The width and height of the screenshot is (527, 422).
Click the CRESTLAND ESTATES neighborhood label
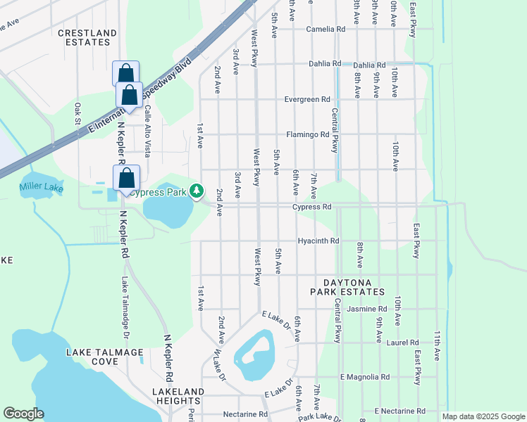click(87, 37)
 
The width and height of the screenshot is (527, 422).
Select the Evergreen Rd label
click(307, 100)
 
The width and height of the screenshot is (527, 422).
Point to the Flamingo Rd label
click(308, 134)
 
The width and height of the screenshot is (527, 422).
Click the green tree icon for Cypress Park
click(198, 190)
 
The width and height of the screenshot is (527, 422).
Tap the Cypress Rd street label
click(312, 207)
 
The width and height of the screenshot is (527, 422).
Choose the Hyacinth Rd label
click(318, 241)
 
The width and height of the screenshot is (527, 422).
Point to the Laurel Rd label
click(403, 343)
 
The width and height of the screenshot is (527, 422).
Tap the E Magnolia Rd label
click(365, 378)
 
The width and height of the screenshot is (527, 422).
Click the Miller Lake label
click(42, 188)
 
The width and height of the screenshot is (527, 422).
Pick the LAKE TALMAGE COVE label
click(105, 357)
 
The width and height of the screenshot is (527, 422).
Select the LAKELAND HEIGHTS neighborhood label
click(180, 396)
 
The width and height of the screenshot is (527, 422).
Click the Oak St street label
click(77, 112)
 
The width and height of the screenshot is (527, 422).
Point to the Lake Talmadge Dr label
click(124, 301)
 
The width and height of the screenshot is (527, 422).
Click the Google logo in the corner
click(24, 414)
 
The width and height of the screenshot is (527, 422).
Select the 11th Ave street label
click(437, 345)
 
